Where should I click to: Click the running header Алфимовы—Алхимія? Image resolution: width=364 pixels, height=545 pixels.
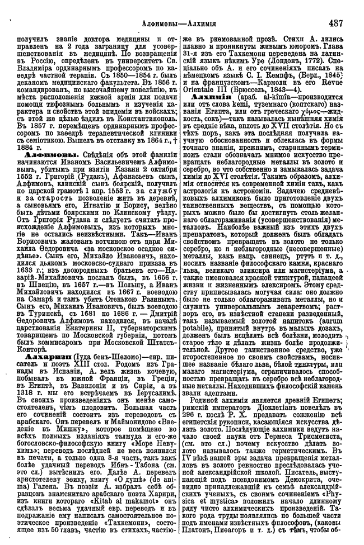click(x=182, y=24)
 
